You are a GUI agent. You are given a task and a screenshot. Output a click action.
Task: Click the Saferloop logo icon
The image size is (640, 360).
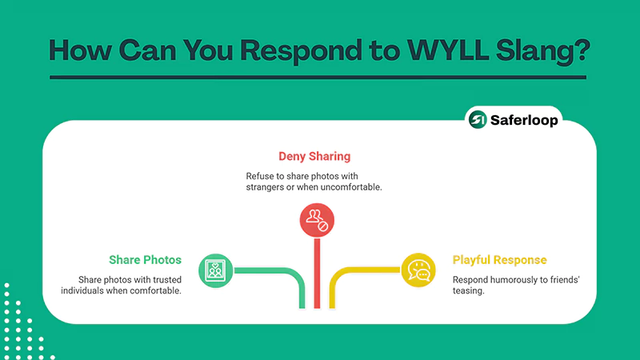[x=478, y=119]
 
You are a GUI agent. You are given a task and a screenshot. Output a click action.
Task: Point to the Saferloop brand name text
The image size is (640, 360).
[x=522, y=119]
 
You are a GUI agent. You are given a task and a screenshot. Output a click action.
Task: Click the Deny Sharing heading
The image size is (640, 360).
[x=314, y=155]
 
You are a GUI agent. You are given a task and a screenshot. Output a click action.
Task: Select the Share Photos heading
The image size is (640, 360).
[x=145, y=260]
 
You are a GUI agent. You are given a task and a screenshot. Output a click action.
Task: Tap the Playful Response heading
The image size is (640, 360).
[x=499, y=260]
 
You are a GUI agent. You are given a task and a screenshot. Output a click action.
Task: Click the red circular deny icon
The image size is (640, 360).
[x=316, y=220]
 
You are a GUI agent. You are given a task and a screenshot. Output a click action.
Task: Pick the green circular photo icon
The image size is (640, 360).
[x=214, y=270]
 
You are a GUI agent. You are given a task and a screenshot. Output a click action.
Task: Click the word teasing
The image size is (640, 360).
[x=471, y=292]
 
